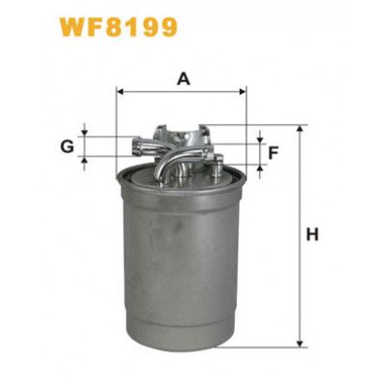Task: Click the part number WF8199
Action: coord(117,27)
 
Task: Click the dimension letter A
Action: coord(184,79)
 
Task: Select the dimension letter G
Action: coord(67,147)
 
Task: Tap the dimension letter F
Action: coord(273,153)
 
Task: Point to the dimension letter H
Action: coord(312,234)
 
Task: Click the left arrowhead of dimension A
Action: coord(120,92)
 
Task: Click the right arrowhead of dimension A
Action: coord(243,92)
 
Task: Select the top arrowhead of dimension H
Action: coord(299,129)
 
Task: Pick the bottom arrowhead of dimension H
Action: coord(299,344)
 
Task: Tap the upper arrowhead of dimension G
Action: coord(85,133)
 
